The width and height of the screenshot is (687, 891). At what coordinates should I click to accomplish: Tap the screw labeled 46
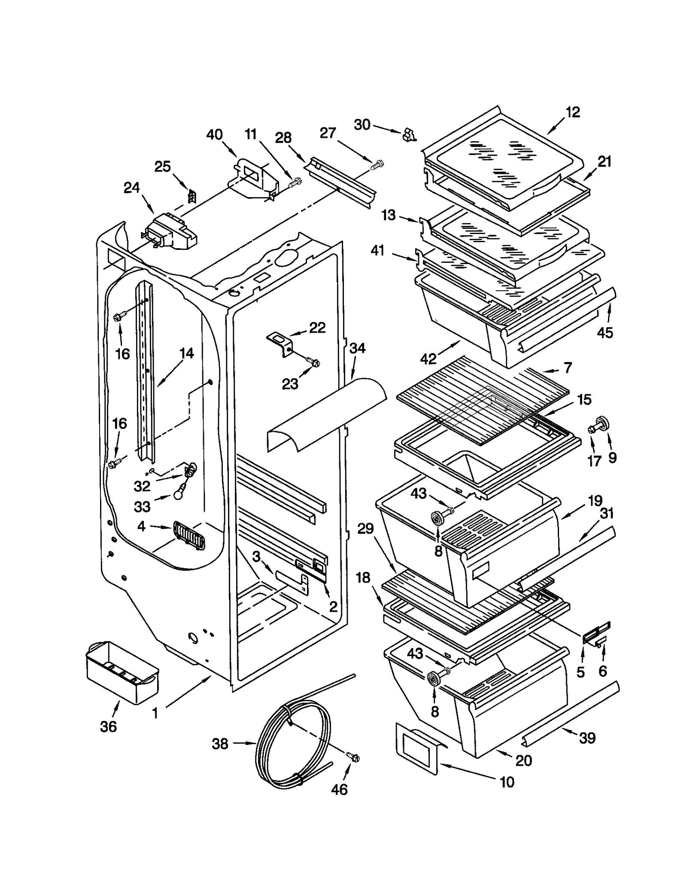click(355, 758)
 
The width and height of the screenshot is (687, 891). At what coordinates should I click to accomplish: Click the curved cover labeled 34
click(326, 414)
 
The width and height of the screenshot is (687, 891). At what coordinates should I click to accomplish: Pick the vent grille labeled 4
click(189, 535)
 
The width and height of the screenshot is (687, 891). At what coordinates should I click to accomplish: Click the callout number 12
click(572, 113)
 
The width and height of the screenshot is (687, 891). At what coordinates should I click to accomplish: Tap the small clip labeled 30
click(409, 136)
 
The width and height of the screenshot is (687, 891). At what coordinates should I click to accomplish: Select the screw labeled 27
click(378, 164)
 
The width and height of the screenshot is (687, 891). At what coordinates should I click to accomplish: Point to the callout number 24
click(131, 188)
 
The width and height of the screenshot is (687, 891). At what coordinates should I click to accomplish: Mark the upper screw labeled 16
click(119, 317)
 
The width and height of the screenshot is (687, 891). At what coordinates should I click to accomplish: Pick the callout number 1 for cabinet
click(155, 713)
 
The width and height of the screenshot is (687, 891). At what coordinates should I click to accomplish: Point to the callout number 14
click(186, 353)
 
